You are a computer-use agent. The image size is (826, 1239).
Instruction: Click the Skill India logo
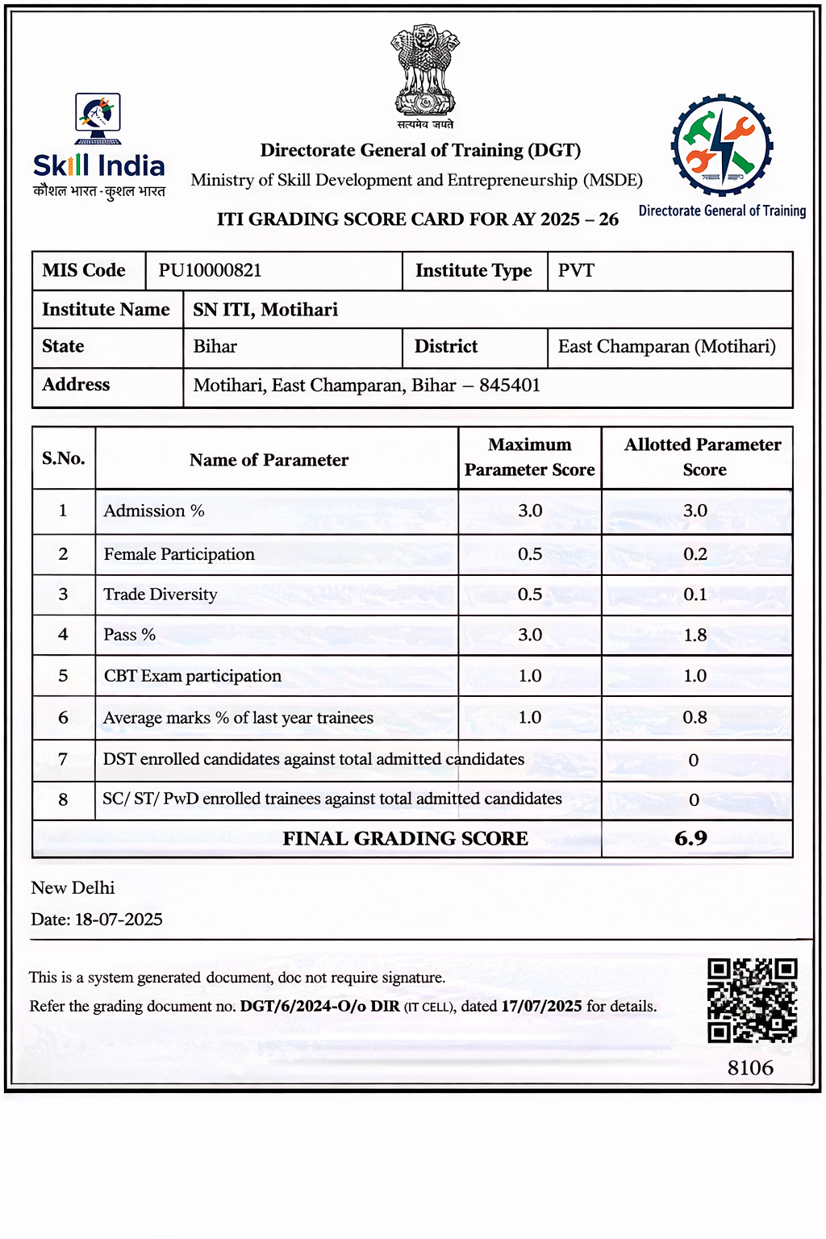[98, 145]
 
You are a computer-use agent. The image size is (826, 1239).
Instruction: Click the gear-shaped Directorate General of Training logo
[722, 146]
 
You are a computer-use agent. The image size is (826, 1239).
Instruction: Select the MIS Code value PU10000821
[210, 270]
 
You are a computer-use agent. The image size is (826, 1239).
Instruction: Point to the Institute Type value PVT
[576, 270]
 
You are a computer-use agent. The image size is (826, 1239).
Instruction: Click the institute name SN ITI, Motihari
[265, 310]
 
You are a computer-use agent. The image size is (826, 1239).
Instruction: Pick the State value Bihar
[215, 347]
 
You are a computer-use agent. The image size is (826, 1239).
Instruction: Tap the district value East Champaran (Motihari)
[666, 347]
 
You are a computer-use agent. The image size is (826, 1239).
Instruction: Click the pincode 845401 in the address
[510, 386]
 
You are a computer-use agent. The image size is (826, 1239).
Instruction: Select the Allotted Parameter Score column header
[703, 457]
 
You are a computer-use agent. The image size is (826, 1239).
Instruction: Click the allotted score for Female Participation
[695, 554]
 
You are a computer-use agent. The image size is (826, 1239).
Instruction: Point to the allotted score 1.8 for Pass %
[695, 636]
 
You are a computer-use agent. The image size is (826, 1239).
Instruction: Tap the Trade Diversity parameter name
[161, 594]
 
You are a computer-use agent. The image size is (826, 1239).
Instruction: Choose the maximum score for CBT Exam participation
[530, 676]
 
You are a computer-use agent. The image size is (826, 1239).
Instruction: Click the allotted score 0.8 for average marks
[695, 718]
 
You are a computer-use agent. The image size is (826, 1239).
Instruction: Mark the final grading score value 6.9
[691, 839]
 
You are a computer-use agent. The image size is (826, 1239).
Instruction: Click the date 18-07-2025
[119, 920]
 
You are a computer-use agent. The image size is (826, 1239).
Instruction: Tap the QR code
[752, 1000]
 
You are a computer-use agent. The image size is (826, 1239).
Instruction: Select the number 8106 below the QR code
[750, 1068]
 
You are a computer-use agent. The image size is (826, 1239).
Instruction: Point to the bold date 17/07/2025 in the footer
[541, 1007]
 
